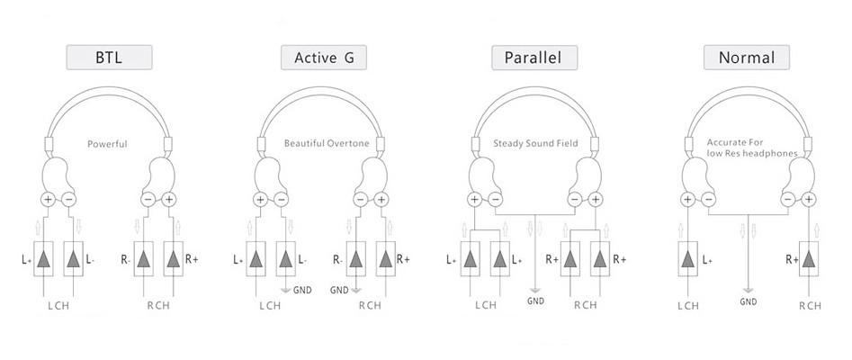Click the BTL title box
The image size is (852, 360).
pyautogui.click(x=109, y=58)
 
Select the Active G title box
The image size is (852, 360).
pyautogui.click(x=322, y=58)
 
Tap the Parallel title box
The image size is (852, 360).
pyautogui.click(x=534, y=58)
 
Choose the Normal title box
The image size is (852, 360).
pyautogui.click(x=747, y=58)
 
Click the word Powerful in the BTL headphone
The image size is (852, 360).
pyautogui.click(x=108, y=143)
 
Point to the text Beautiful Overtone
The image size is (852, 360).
pyautogui.click(x=322, y=143)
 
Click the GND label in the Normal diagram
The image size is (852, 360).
pyautogui.click(x=748, y=301)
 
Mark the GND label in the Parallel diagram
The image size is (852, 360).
pyautogui.click(x=535, y=301)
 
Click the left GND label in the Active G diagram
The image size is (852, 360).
pyautogui.click(x=300, y=290)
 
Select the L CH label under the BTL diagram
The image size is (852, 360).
pyautogui.click(x=59, y=305)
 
